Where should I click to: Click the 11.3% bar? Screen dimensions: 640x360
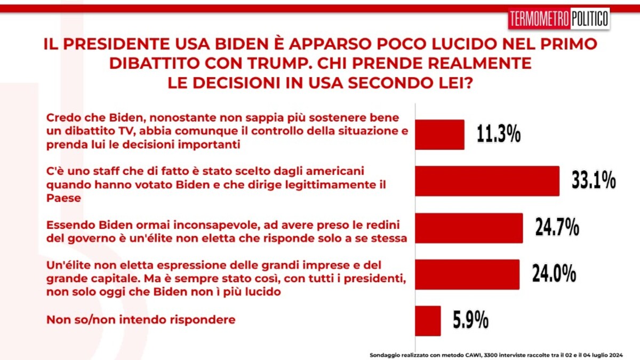coord(439,134)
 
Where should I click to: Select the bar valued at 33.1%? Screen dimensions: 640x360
coord(487,181)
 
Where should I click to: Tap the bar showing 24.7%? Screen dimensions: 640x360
coord(469,228)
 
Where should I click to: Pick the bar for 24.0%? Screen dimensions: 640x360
coord(467,275)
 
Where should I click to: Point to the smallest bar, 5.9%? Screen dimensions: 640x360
coord(428,321)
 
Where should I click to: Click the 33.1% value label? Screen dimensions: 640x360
coord(594,181)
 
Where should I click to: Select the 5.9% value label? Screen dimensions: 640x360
coord(470,321)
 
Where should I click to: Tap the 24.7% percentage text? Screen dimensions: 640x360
coord(557,227)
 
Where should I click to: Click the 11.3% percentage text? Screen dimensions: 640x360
coord(499,134)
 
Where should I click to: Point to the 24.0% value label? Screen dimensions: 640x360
coord(554,274)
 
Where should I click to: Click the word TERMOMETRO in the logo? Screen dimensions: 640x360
coord(539,19)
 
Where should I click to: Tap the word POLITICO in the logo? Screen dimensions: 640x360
coord(589,19)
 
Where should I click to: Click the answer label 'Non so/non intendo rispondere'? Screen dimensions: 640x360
coord(141,319)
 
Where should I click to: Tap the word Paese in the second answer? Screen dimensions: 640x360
coord(63,198)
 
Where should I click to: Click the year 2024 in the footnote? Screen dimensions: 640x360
coord(616,355)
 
